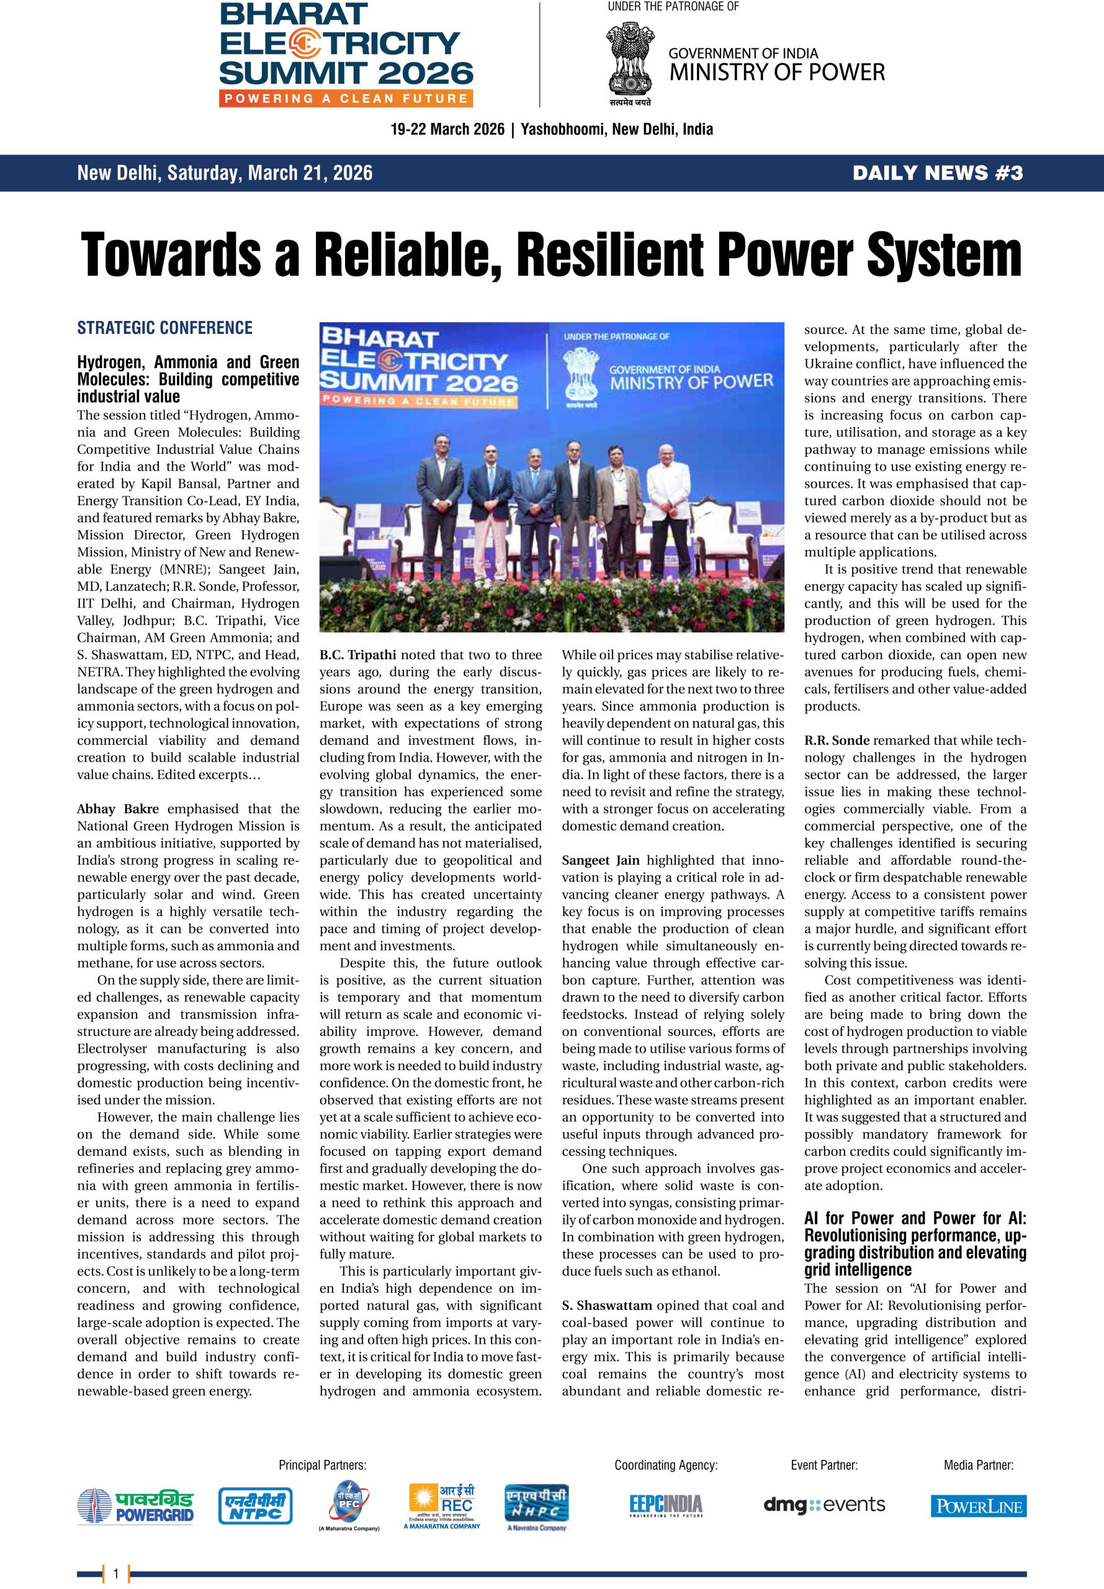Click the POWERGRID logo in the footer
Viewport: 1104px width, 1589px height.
coord(135,1506)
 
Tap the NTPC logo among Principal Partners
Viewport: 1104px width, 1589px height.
coord(255,1506)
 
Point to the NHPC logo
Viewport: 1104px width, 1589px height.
coord(536,1505)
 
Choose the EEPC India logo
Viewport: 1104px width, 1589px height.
coord(665,1505)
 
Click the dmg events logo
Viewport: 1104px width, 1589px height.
coord(824,1505)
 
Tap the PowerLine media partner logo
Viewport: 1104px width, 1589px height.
coord(978,1506)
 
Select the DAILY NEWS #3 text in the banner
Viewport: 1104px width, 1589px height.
coord(937,173)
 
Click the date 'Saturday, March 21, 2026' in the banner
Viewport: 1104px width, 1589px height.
coord(270,173)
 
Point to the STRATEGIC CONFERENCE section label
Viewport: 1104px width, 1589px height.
coord(164,328)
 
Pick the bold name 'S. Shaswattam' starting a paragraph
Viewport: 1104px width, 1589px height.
coord(607,1305)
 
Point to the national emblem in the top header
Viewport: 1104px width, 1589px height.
coord(630,58)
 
